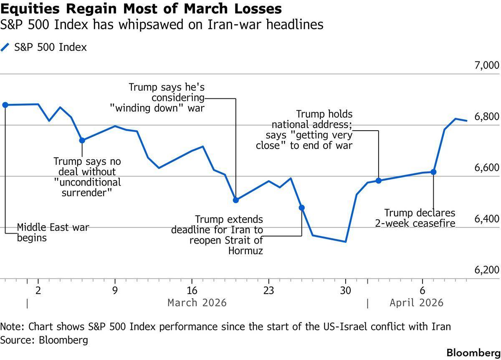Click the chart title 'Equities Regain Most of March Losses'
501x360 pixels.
[141, 8]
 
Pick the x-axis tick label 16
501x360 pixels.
[192, 290]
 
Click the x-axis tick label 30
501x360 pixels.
[345, 290]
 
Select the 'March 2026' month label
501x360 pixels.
[197, 302]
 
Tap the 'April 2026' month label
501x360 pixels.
[416, 302]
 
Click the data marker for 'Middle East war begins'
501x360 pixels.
[5, 105]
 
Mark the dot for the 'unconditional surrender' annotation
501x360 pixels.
[82, 141]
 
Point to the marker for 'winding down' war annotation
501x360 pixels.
[236, 200]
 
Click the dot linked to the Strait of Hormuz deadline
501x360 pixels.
[301, 207]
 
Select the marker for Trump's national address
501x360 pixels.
[379, 181]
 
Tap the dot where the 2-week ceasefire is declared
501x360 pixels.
[433, 172]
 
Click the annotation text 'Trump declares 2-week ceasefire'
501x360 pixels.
[420, 218]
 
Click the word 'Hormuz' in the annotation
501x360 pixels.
[245, 251]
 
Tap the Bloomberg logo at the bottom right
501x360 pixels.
[473, 352]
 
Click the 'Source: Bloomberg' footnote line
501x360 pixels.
[44, 340]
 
